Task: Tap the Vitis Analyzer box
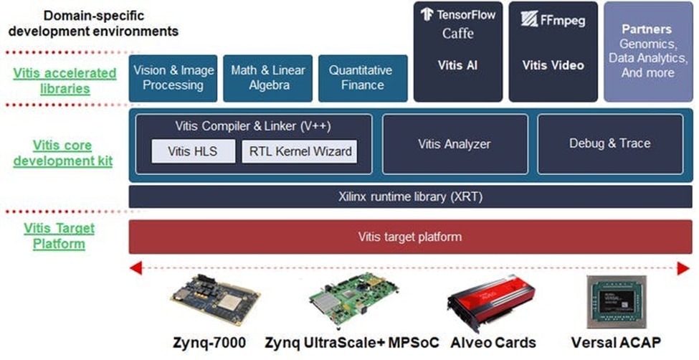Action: pyautogui.click(x=454, y=144)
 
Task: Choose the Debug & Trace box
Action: pyautogui.click(x=609, y=143)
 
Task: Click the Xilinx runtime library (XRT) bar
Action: pyautogui.click(x=410, y=196)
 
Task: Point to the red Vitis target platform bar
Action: pyautogui.click(x=410, y=237)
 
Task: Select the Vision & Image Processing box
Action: pyautogui.click(x=173, y=78)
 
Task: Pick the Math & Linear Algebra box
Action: pyautogui.click(x=268, y=78)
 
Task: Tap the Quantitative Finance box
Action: pyautogui.click(x=361, y=78)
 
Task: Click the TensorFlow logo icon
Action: pyautogui.click(x=427, y=14)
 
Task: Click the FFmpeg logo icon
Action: pyautogui.click(x=530, y=19)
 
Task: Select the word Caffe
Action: pyautogui.click(x=458, y=34)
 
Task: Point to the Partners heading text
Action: pyautogui.click(x=647, y=30)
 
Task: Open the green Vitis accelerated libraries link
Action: pyautogui.click(x=65, y=80)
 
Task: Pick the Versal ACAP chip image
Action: pyautogui.click(x=616, y=302)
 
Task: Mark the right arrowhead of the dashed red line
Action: pyautogui.click(x=683, y=268)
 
